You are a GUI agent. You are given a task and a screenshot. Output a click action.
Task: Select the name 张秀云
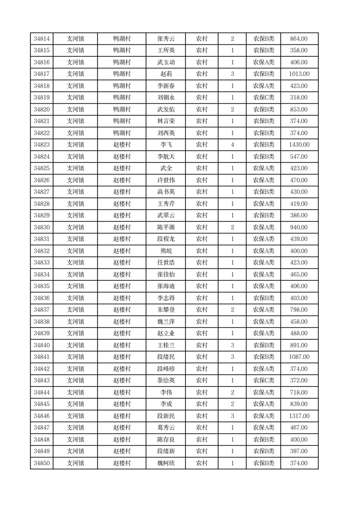[x=166, y=39]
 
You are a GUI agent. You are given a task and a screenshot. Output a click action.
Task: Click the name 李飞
[x=166, y=145]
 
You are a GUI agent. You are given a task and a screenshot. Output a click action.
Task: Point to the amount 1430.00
[x=299, y=145]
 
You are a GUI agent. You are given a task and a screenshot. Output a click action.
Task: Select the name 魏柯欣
[x=166, y=463]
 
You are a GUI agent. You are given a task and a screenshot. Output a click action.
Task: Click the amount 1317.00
[x=299, y=416]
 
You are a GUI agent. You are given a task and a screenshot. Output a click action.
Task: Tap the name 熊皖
[x=166, y=251]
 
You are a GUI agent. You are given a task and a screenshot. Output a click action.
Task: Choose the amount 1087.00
[x=299, y=357]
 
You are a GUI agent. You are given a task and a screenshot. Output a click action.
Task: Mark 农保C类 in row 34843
[x=263, y=381]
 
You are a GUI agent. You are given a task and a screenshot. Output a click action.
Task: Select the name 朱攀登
[x=166, y=310]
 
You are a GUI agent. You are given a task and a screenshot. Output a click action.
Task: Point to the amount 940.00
[x=299, y=227]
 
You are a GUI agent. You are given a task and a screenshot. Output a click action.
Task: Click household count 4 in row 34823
[x=232, y=145]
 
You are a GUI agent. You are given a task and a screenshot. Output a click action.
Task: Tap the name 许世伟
[x=166, y=180]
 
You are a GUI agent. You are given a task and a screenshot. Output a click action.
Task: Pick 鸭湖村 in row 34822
[x=122, y=133]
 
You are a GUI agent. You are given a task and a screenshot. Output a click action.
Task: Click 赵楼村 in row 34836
[x=122, y=298]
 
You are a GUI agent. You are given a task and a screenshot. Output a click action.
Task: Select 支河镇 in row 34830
[x=75, y=227]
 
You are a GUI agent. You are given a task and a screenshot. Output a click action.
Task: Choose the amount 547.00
[x=299, y=157]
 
